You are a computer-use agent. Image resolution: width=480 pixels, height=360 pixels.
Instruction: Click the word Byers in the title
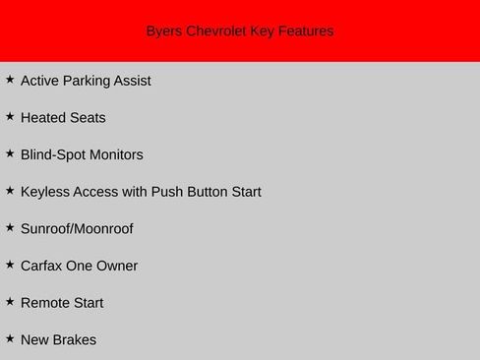(x=164, y=31)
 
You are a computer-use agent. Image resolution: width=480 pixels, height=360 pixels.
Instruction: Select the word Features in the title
(x=306, y=31)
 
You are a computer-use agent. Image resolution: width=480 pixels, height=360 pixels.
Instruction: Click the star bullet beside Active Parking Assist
(x=10, y=80)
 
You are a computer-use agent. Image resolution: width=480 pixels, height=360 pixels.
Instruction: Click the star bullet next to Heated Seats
(x=10, y=116)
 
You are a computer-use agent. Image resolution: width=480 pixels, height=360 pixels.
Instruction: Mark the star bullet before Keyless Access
(x=10, y=190)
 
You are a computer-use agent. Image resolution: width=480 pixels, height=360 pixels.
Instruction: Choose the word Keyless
(x=44, y=192)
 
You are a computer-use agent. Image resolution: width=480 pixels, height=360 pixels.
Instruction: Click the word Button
(x=206, y=192)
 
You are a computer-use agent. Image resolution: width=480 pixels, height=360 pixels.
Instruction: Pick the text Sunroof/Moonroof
(x=77, y=229)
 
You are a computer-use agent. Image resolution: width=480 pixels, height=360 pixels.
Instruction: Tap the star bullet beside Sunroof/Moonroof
(x=10, y=227)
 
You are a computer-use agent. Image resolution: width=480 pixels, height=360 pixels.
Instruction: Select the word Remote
(x=45, y=303)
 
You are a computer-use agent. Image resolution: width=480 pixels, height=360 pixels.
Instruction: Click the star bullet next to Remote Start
(x=10, y=301)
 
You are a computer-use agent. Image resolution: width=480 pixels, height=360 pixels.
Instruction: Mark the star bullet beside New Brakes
(x=10, y=338)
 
